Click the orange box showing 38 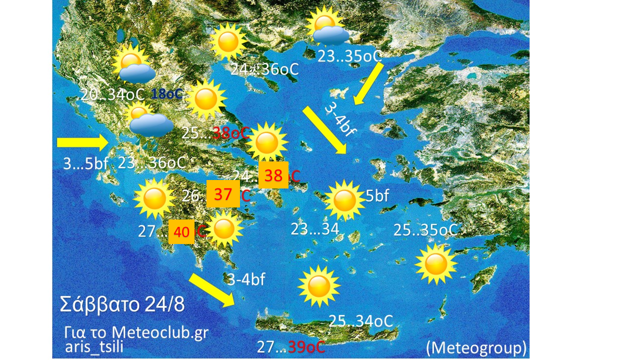point(273,175)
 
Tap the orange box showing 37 point(223,194)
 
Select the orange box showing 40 point(181,232)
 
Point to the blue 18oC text point(167,93)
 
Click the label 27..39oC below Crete point(291,347)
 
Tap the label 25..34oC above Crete point(360,321)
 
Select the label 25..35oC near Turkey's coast point(425,230)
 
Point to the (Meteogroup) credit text point(476,347)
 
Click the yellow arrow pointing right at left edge point(83,143)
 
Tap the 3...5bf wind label point(85,163)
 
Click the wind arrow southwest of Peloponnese point(212,289)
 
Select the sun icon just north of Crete point(318,286)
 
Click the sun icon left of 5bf point(344,200)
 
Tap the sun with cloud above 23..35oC point(326,27)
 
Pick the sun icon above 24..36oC point(228,42)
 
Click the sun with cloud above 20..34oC point(133,64)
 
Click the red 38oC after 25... point(230,133)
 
